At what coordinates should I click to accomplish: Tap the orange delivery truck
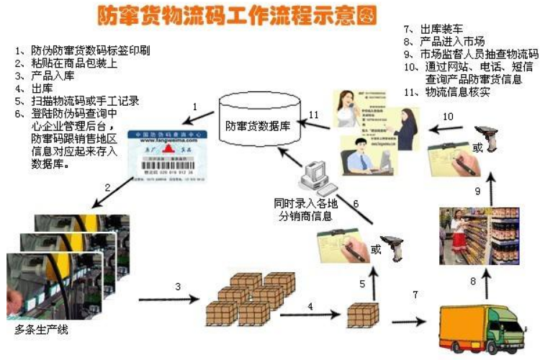pos(483,327)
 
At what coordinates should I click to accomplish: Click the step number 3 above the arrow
pos(177,287)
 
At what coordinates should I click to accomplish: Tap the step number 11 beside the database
pos(313,114)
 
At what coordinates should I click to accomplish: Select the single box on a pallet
pos(362,315)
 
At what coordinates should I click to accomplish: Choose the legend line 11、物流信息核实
pos(446,92)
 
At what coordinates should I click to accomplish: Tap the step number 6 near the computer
pos(355,203)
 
